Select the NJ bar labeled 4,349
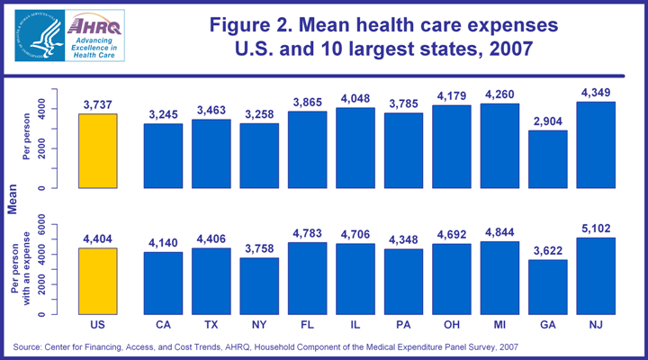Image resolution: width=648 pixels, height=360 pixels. coord(595,145)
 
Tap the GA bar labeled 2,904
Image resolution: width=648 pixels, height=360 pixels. coord(547,159)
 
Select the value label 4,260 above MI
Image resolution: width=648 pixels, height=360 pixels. coord(499,94)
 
